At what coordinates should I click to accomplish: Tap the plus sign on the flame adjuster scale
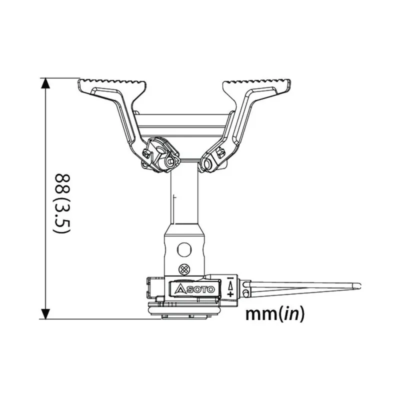pyautogui.click(x=230, y=294)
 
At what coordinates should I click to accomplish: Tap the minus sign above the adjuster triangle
pyautogui.click(x=230, y=278)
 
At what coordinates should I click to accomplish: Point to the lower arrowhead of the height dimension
pyautogui.click(x=45, y=313)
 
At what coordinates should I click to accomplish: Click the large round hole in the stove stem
pyautogui.click(x=184, y=248)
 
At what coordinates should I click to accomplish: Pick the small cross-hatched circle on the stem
pyautogui.click(x=184, y=268)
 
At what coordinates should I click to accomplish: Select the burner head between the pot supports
pyautogui.click(x=184, y=125)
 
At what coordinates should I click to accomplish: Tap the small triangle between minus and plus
pyautogui.click(x=230, y=286)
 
